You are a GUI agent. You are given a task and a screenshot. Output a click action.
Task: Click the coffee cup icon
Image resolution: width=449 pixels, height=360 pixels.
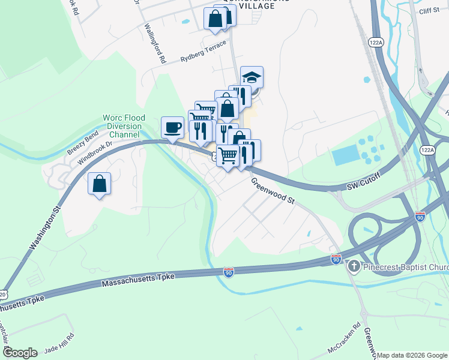172,128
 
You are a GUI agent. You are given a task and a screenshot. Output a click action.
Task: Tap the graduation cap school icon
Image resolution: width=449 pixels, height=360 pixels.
252,77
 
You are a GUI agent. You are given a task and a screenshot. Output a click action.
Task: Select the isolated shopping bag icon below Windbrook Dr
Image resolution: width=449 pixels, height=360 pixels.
100,184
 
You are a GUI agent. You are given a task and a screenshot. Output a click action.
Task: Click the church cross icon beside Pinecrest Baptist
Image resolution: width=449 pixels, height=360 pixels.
354,266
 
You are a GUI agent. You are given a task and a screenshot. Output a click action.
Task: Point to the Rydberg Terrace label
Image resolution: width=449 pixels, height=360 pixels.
204,52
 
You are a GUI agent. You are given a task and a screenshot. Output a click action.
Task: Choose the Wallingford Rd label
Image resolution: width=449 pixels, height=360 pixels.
154,43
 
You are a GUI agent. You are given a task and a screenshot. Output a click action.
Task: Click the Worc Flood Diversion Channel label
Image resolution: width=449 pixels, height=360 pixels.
122,126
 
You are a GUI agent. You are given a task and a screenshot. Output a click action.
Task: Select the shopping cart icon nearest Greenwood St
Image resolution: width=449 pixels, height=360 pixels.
228,156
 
